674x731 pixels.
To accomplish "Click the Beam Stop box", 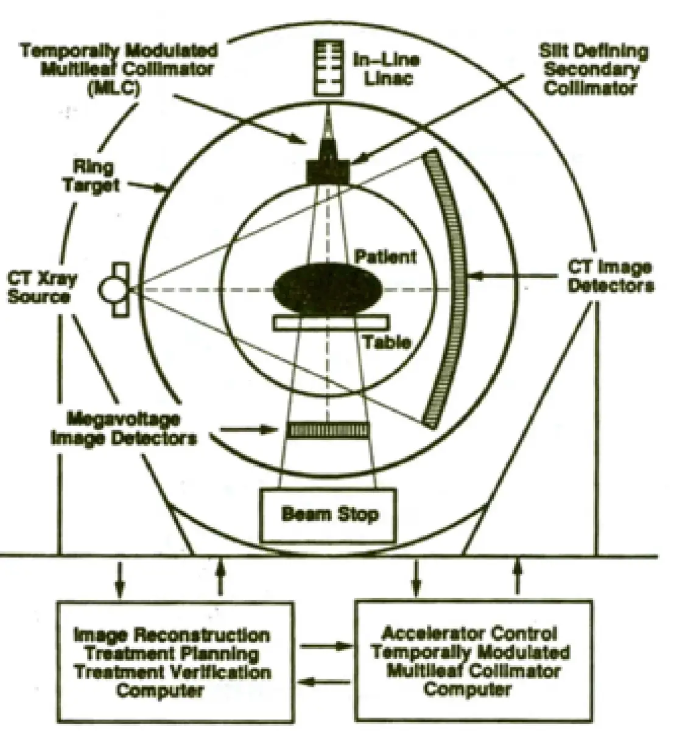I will pyautogui.click(x=329, y=515).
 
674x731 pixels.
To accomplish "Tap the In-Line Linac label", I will pyautogui.click(x=387, y=68).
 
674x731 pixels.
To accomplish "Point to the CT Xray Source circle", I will pyautogui.click(x=113, y=290).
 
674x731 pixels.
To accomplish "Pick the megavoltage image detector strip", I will pyautogui.click(x=328, y=430).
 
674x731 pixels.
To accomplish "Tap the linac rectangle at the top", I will pyautogui.click(x=329, y=67).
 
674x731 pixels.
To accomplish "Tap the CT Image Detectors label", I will pyautogui.click(x=610, y=276).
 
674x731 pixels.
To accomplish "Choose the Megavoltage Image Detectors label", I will pyautogui.click(x=124, y=428).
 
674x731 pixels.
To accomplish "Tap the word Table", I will pyautogui.click(x=386, y=342).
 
